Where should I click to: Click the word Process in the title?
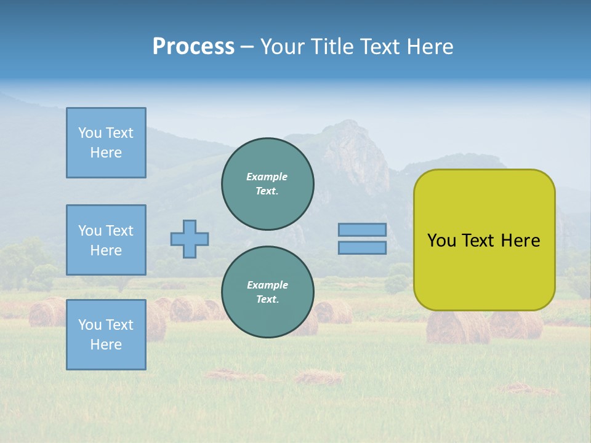click(x=193, y=47)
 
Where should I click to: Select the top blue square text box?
click(x=106, y=143)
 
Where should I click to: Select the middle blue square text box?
click(x=106, y=240)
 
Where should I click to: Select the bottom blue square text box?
click(x=106, y=335)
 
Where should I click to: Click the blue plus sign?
click(x=190, y=239)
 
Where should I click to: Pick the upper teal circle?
click(x=268, y=183)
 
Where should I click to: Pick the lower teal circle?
click(x=268, y=292)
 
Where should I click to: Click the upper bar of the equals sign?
click(x=362, y=229)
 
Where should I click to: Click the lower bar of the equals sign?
click(x=362, y=247)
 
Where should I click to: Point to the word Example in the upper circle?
click(x=267, y=177)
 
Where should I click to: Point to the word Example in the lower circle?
click(x=267, y=285)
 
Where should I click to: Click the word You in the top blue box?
click(x=89, y=133)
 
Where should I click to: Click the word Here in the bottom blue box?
click(x=106, y=345)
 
